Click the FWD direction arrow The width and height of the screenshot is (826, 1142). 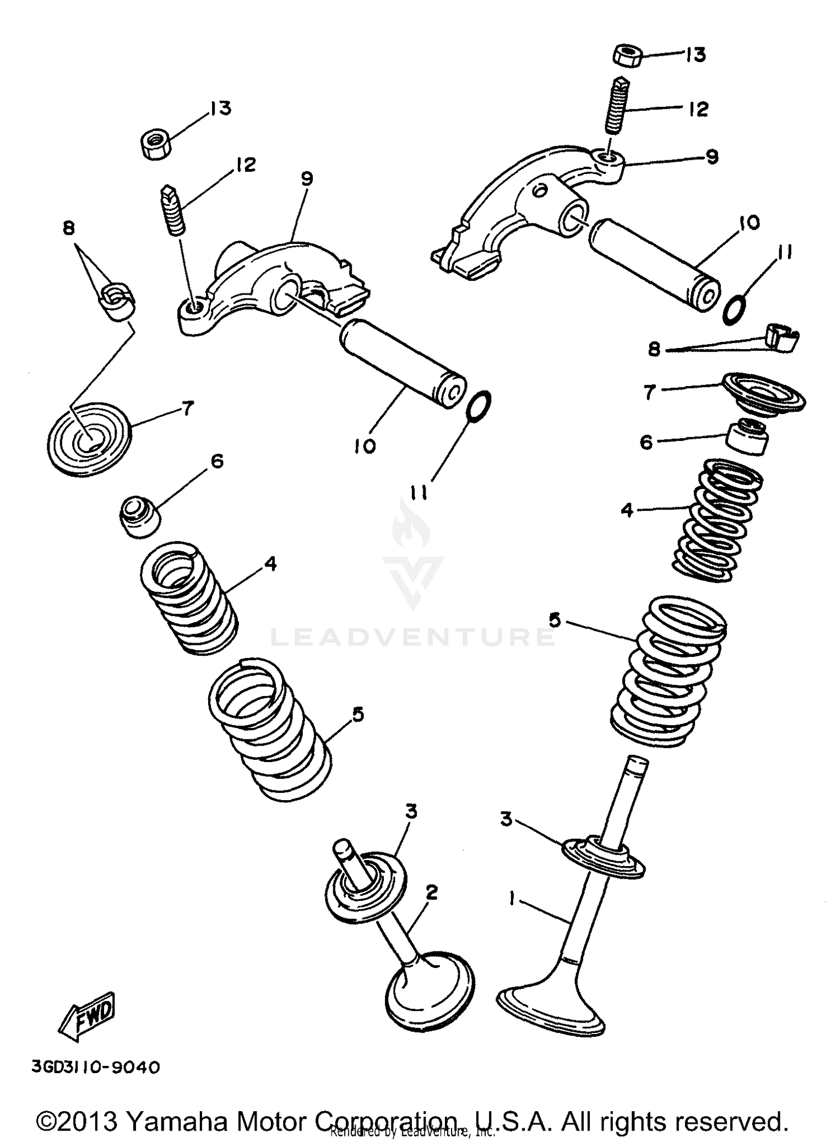(x=87, y=1018)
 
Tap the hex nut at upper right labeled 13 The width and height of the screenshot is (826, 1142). (x=627, y=56)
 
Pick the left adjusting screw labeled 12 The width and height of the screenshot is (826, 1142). (x=173, y=211)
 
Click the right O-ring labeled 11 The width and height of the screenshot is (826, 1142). (x=734, y=309)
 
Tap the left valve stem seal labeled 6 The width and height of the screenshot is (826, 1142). (x=140, y=515)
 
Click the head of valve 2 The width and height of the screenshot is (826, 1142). (x=430, y=988)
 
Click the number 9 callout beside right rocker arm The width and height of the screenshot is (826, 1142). (x=712, y=157)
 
